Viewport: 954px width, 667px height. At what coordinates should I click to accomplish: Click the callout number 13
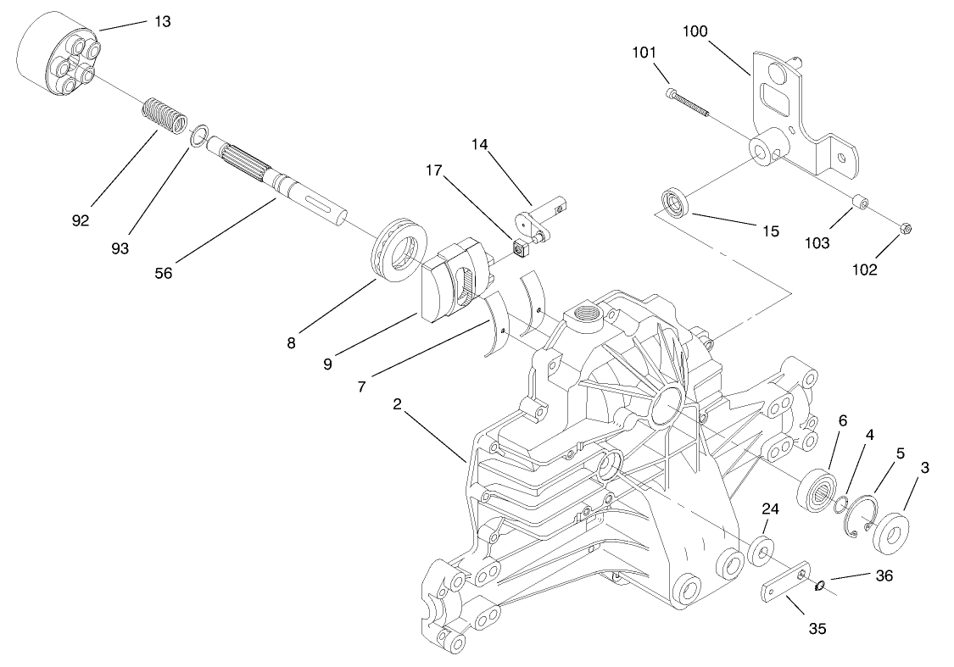click(x=161, y=21)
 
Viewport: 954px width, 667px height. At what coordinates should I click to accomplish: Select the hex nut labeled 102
click(x=903, y=229)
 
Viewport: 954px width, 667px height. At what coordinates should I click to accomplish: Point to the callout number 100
click(x=695, y=31)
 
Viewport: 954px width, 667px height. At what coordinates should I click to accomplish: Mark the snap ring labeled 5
click(x=863, y=517)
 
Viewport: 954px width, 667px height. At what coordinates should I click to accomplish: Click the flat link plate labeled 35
click(x=785, y=586)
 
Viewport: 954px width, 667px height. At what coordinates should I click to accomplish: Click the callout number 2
click(x=396, y=404)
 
